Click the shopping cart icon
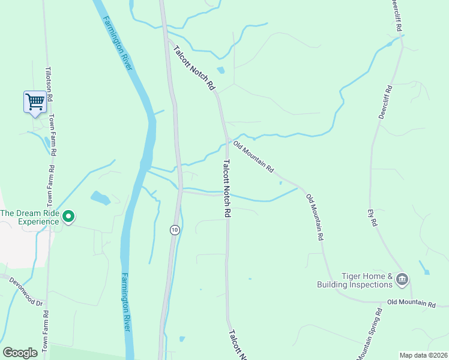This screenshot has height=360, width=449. [x=35, y=101]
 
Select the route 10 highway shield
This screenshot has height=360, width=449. [x=174, y=230]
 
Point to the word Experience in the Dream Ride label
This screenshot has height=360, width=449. [x=39, y=221]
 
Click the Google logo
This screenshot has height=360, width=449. [x=20, y=353]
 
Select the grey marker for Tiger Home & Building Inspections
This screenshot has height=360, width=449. [x=402, y=278]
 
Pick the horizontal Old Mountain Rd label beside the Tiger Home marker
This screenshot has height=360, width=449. [x=411, y=304]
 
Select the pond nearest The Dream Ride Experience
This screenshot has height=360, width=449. [x=100, y=197]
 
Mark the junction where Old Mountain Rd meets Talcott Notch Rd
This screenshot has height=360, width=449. [x=227, y=140]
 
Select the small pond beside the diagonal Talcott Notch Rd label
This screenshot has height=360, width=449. [x=221, y=70]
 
